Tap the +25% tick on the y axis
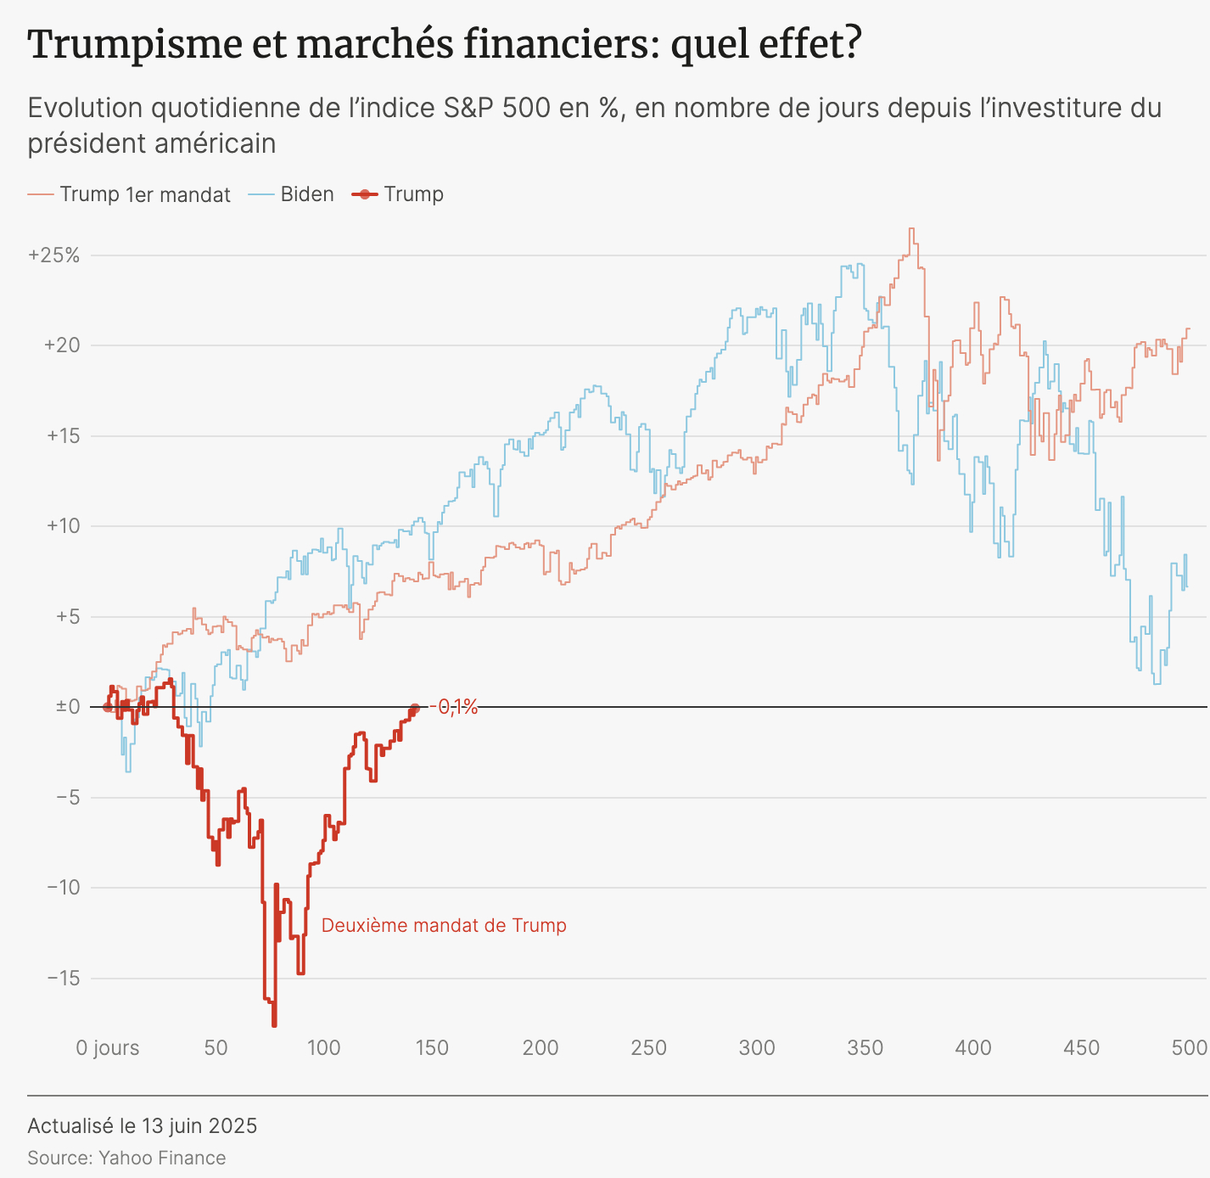pyautogui.click(x=54, y=255)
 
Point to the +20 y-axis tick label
pyautogui.click(x=61, y=345)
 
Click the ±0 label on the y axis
pyautogui.click(x=68, y=707)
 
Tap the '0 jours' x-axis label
pyautogui.click(x=108, y=1048)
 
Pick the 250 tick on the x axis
pyautogui.click(x=649, y=1048)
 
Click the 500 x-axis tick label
pyautogui.click(x=1189, y=1048)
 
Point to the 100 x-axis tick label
pyautogui.click(x=323, y=1048)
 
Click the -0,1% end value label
pyautogui.click(x=454, y=707)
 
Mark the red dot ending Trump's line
pyautogui.click(x=415, y=708)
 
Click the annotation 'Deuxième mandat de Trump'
pyautogui.click(x=444, y=925)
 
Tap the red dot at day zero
pyautogui.click(x=108, y=707)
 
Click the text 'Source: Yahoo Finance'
pyautogui.click(x=126, y=1158)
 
